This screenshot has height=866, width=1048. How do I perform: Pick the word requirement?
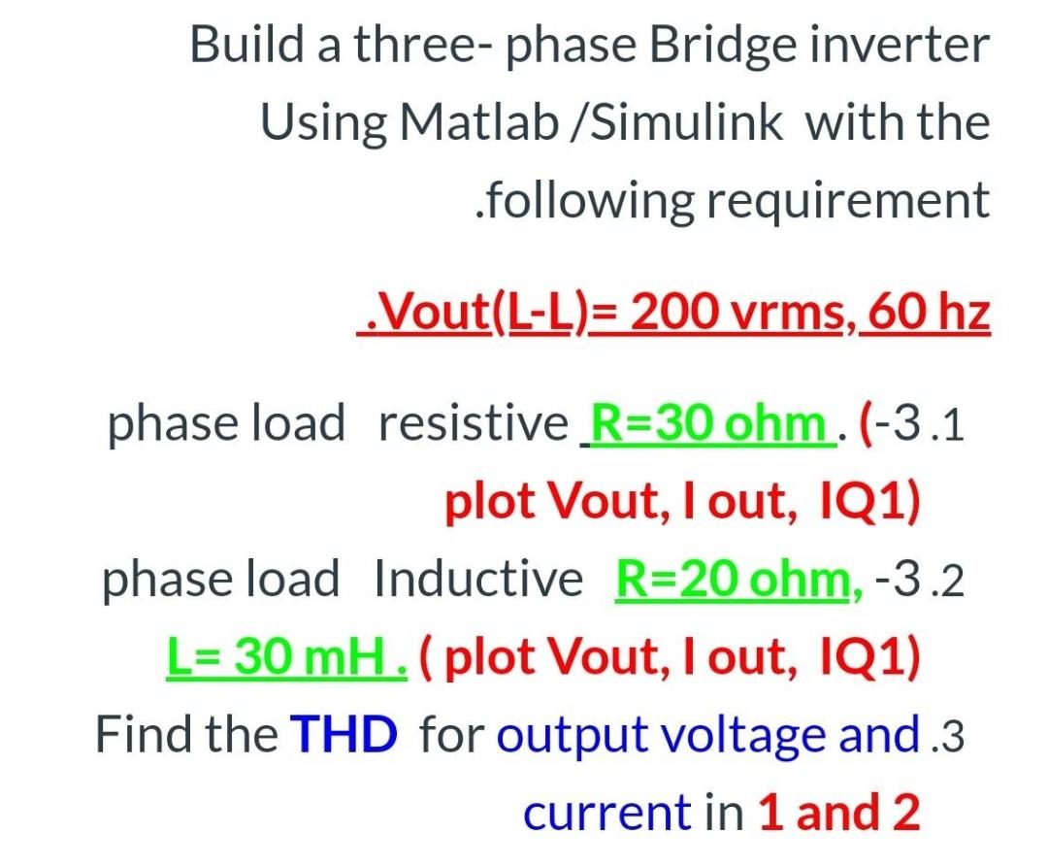pyautogui.click(x=847, y=201)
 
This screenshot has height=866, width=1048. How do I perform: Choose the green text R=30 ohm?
pyautogui.click(x=710, y=424)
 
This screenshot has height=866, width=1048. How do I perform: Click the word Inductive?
pyautogui.click(x=478, y=580)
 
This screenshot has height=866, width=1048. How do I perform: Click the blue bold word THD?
pyautogui.click(x=344, y=735)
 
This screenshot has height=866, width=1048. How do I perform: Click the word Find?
pyautogui.click(x=140, y=735)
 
